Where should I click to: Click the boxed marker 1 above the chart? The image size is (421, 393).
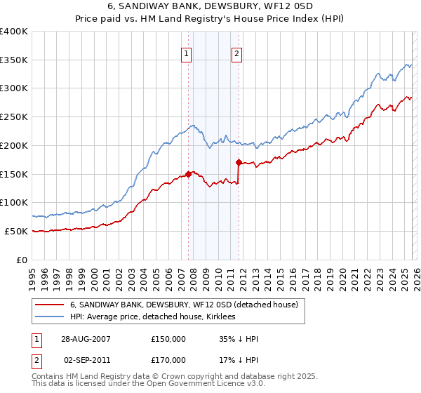tap(187, 53)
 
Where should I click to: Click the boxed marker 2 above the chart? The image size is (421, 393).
tap(237, 53)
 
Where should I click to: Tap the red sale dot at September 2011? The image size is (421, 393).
tap(239, 162)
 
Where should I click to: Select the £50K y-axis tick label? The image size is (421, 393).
tap(17, 231)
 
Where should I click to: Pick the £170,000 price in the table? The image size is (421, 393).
tap(168, 359)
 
